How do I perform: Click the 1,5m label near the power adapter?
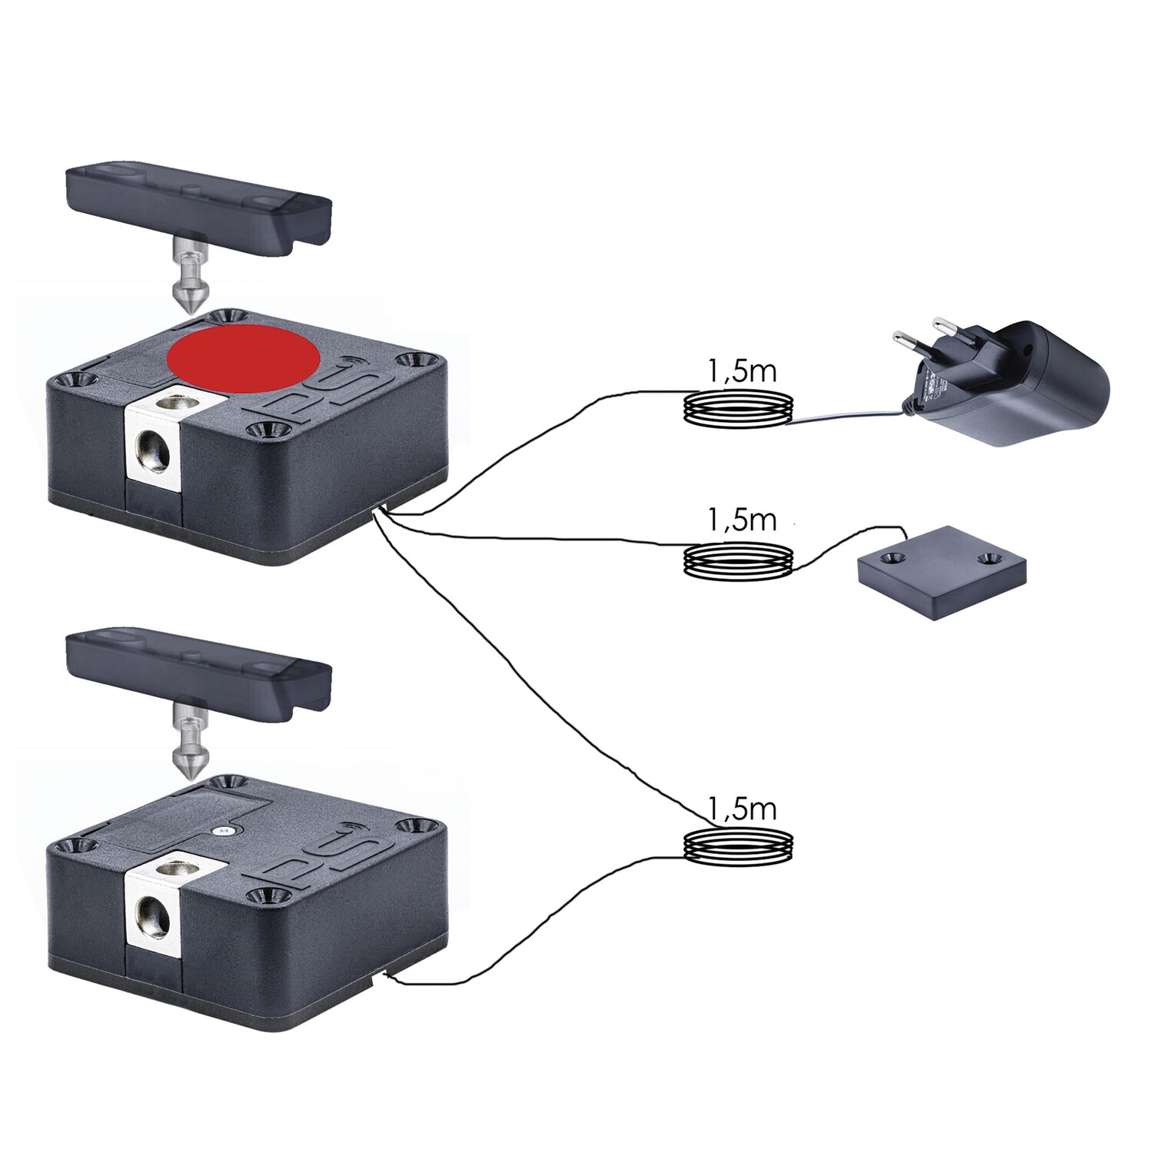(740, 372)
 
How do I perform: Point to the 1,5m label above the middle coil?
(740, 520)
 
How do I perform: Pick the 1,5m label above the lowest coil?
(740, 809)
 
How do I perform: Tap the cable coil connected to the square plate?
(739, 560)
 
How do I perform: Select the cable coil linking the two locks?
(739, 848)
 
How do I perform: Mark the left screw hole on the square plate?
(892, 557)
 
